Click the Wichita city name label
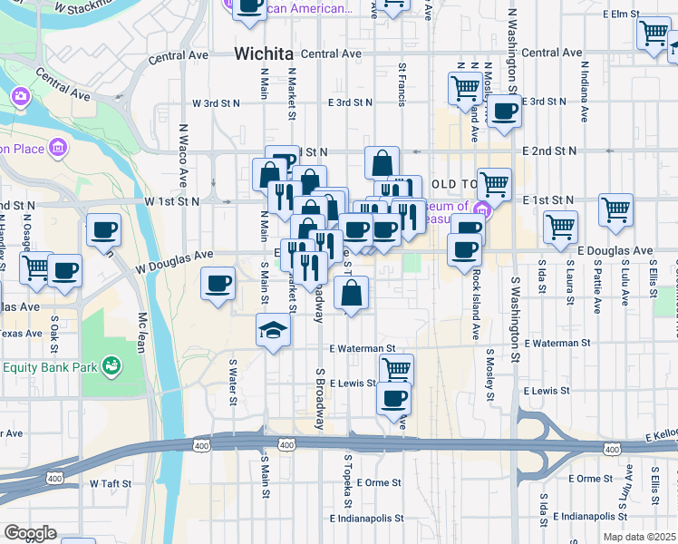pos(264,53)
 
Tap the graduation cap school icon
pos(273,331)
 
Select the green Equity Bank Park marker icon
pos(111,366)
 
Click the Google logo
pos(30,533)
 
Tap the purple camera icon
pos(21,95)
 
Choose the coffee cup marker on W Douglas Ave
pos(218,283)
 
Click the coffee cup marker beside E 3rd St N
pos(504,112)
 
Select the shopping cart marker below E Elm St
pos(653,34)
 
